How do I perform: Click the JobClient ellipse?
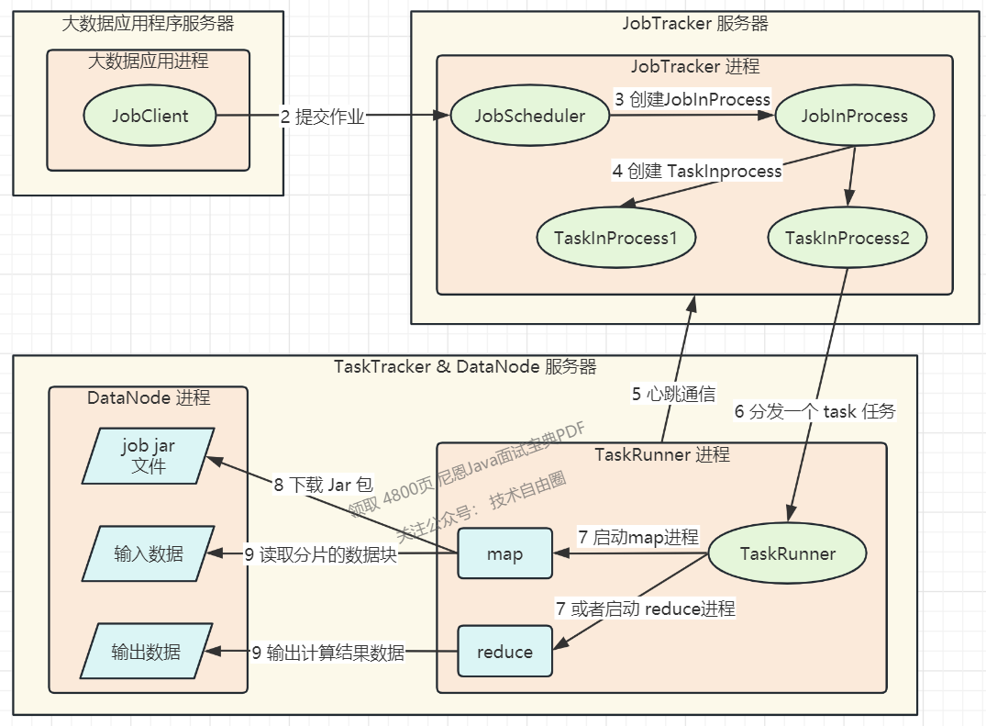point(150,116)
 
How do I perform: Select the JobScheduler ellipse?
point(529,116)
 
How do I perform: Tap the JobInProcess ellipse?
point(854,116)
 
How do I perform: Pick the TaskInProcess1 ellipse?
point(615,238)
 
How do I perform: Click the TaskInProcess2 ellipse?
point(847,238)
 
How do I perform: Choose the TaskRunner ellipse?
point(787,553)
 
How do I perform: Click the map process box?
point(504,553)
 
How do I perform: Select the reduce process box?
point(504,652)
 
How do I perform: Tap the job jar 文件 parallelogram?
point(149,455)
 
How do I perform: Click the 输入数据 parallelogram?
point(149,553)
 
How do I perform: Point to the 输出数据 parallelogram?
point(147,652)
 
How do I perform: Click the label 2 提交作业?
point(322,117)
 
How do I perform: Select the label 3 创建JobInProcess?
point(692,98)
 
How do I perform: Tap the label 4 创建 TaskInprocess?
point(697,171)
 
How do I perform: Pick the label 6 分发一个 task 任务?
point(814,411)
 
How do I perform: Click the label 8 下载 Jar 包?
point(323,485)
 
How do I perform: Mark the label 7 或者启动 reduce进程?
point(645,609)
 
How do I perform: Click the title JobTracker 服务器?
point(694,24)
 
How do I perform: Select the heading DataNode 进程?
point(149,397)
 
